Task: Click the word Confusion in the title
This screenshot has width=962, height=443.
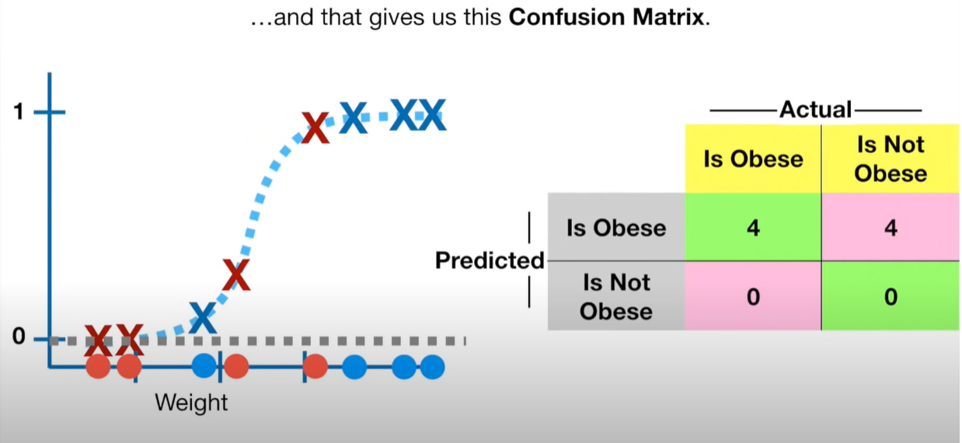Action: (x=566, y=17)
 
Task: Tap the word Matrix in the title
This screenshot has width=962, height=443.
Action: (x=668, y=17)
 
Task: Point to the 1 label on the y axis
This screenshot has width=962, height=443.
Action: (x=19, y=112)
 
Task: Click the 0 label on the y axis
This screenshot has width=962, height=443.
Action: (x=19, y=337)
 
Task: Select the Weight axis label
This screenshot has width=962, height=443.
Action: (x=191, y=403)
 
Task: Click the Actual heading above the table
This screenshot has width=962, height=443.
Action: (x=815, y=110)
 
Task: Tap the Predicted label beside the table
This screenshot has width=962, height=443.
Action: (x=490, y=260)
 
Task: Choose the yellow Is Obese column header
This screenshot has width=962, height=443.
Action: (x=753, y=159)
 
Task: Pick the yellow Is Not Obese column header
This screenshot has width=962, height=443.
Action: (x=891, y=159)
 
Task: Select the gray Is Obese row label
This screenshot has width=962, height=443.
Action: (x=616, y=227)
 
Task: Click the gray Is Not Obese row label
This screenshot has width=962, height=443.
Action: (x=616, y=296)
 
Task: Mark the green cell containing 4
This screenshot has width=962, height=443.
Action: (x=753, y=227)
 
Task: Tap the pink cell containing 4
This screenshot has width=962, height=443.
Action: (x=891, y=227)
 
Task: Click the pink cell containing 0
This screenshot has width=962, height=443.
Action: (x=753, y=296)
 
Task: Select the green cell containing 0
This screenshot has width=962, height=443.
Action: (x=891, y=296)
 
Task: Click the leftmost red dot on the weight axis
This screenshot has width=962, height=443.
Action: (x=99, y=367)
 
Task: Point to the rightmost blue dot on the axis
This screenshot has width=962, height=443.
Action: (x=433, y=367)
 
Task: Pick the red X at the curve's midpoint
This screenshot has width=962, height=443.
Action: (x=236, y=275)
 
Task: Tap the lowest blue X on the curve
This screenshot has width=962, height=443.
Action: (x=202, y=318)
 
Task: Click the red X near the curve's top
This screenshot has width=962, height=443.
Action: (x=315, y=127)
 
